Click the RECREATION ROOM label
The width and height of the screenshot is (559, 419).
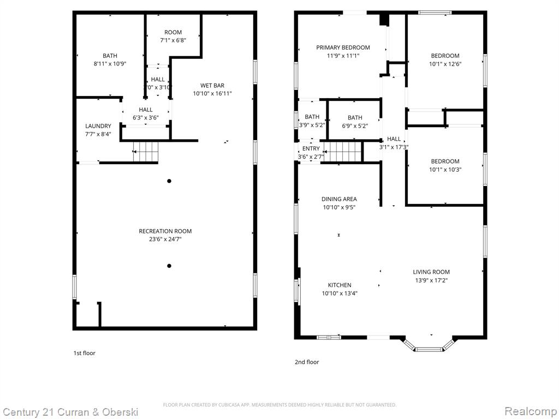[165, 231]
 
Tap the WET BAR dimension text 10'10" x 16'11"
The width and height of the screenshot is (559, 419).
[212, 93]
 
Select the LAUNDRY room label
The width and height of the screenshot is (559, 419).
[98, 126]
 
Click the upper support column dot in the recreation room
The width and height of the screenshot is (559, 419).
[169, 181]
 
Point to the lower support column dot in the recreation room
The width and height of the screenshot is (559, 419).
[169, 266]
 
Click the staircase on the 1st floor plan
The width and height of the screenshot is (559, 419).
[145, 152]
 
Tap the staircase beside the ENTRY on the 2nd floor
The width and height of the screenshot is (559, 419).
[343, 152]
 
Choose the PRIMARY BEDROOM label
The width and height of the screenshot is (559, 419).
[343, 47]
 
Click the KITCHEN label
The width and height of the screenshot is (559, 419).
[340, 285]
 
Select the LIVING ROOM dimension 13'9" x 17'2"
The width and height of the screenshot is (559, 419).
[431, 280]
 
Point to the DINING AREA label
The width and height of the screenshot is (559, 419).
[339, 199]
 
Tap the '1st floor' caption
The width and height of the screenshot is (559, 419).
[85, 353]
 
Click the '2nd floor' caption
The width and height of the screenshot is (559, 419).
[307, 362]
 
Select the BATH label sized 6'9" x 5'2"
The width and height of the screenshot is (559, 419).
[355, 118]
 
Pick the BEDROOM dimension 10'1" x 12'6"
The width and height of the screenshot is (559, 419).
[445, 64]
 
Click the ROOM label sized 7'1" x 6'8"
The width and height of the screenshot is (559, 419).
[173, 32]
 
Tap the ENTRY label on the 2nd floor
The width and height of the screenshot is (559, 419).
[311, 148]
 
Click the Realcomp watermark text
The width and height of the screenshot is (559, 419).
[531, 411]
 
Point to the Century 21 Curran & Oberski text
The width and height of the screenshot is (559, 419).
[70, 412]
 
